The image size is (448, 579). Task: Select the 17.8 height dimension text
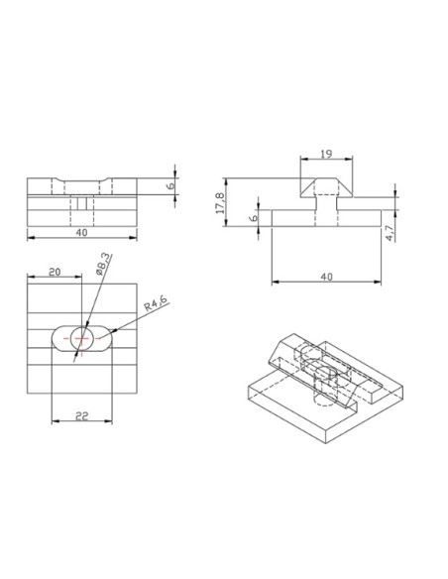click(220, 203)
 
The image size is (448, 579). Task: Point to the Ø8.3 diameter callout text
click(103, 267)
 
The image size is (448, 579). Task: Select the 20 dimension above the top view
click(55, 271)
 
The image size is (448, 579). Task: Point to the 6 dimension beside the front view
click(169, 184)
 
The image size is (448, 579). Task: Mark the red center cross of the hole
click(80, 339)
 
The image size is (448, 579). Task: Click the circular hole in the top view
click(80, 339)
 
